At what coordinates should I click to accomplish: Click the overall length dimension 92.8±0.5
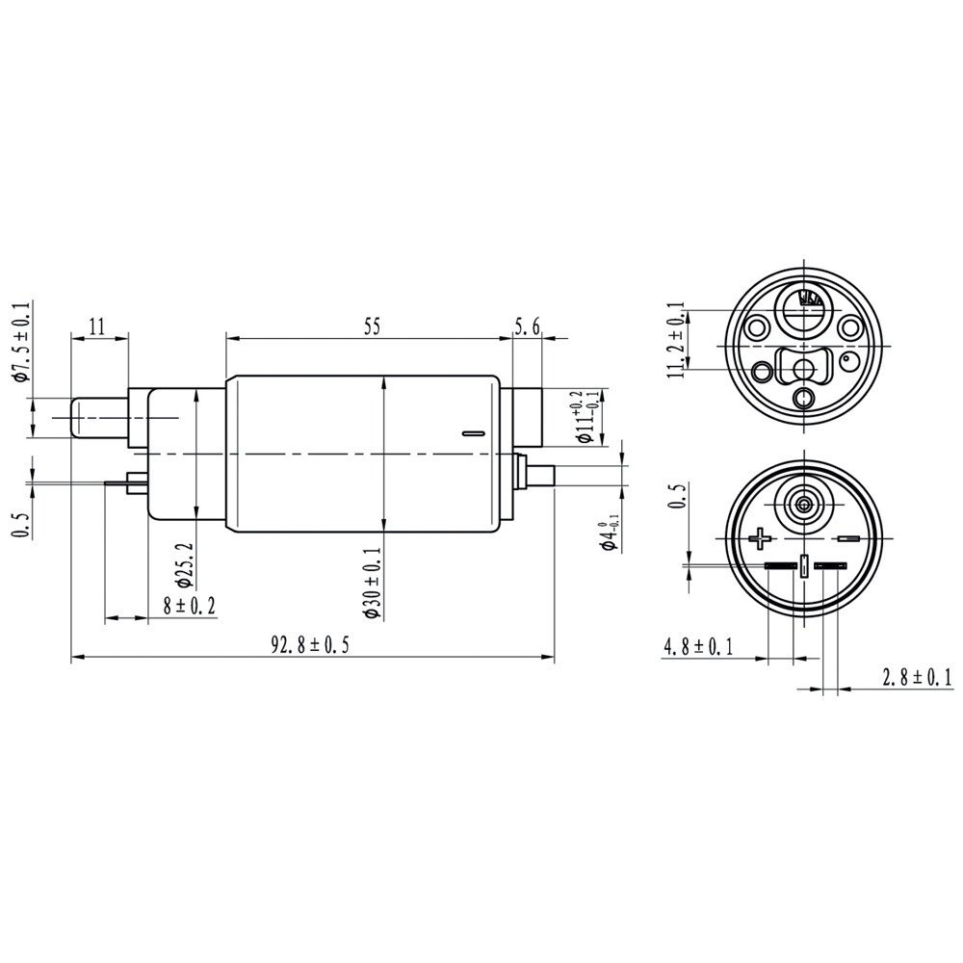click(x=308, y=646)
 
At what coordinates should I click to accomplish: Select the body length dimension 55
click(x=372, y=326)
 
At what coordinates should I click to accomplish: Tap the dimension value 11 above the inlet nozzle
click(x=96, y=326)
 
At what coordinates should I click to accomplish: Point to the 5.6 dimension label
click(x=527, y=326)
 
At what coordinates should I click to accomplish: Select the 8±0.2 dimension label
click(x=189, y=605)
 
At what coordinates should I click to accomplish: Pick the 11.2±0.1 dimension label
click(x=681, y=340)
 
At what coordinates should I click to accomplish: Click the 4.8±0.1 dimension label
click(x=697, y=647)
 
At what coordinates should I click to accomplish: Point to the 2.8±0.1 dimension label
click(x=916, y=678)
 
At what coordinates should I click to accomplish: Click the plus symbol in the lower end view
click(x=762, y=536)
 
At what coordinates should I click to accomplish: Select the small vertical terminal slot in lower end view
click(x=802, y=567)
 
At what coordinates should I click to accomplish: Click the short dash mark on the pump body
click(x=471, y=434)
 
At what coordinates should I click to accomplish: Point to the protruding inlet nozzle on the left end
click(x=99, y=417)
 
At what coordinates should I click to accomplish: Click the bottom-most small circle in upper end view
click(x=803, y=398)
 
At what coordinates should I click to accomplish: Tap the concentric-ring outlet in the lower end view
click(x=802, y=502)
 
